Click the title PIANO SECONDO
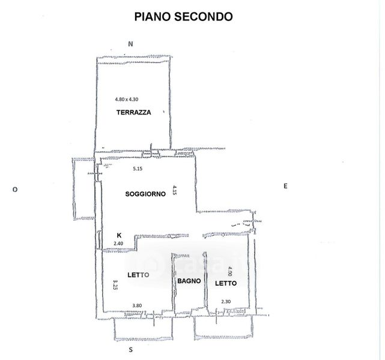click(x=183, y=17)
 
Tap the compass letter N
click(x=130, y=43)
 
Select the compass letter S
click(x=130, y=349)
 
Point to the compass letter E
click(x=285, y=186)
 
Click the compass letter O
click(x=14, y=189)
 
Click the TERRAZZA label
click(x=133, y=112)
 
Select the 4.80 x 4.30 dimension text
click(x=130, y=100)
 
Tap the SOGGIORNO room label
click(x=145, y=194)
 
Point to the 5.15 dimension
click(x=138, y=169)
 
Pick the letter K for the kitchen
click(x=119, y=235)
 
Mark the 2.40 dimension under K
click(x=118, y=243)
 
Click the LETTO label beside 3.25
click(x=138, y=275)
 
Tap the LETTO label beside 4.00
click(x=226, y=283)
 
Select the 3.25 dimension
click(x=115, y=283)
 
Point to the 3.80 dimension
click(x=137, y=305)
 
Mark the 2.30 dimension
click(x=226, y=301)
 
